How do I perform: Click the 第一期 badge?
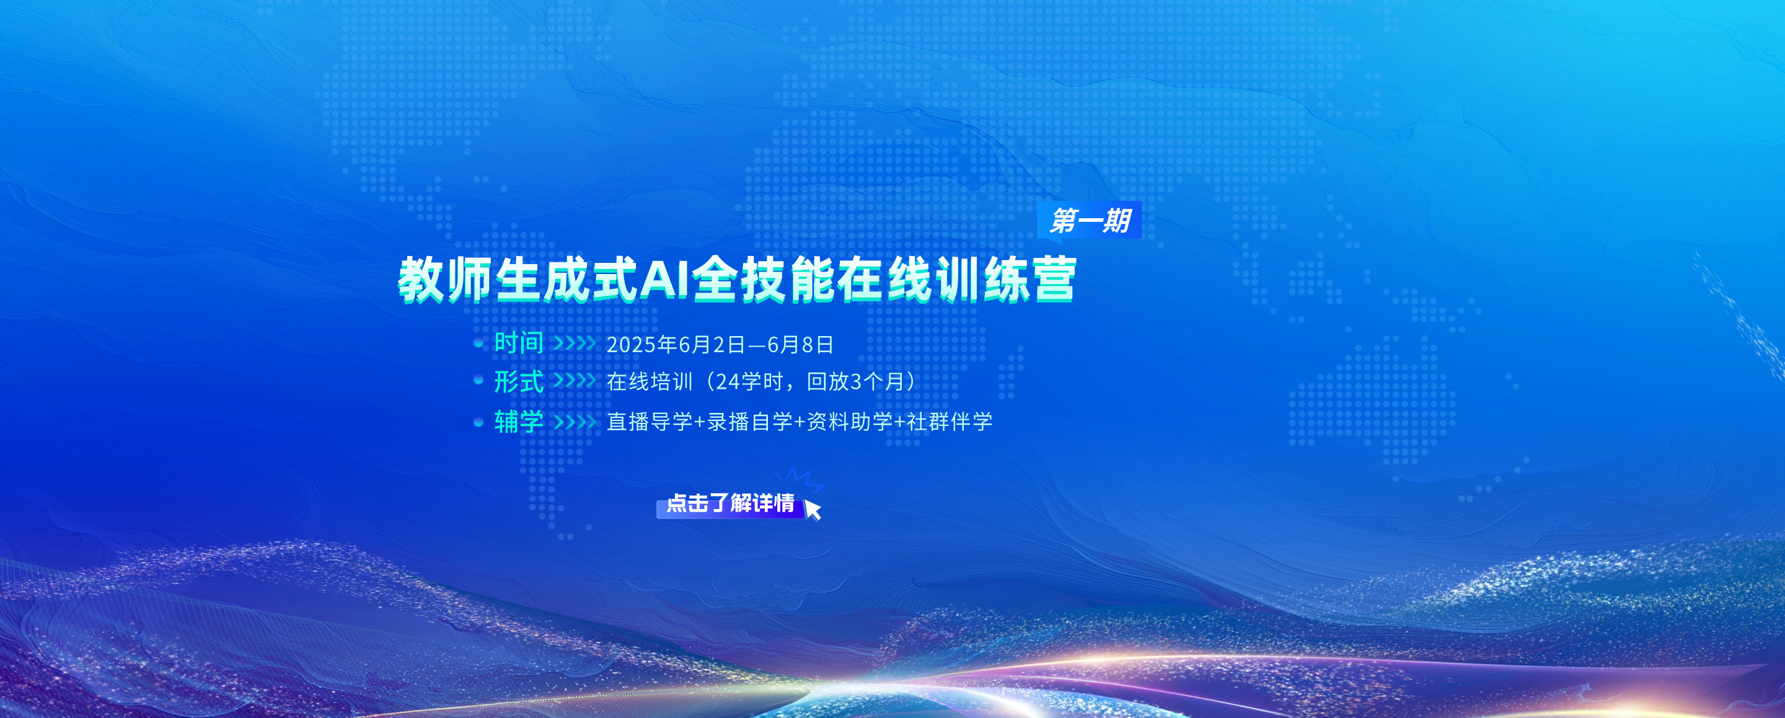(1090, 220)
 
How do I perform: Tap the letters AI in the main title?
(664, 278)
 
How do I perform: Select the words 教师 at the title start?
(445, 279)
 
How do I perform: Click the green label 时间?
(519, 343)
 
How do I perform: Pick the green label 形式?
(519, 381)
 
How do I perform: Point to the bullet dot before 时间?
(478, 343)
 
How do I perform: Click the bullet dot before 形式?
(478, 381)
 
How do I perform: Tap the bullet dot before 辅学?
(478, 422)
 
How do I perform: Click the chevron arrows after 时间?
(575, 343)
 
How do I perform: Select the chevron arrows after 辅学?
(575, 422)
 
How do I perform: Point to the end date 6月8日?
(800, 345)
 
